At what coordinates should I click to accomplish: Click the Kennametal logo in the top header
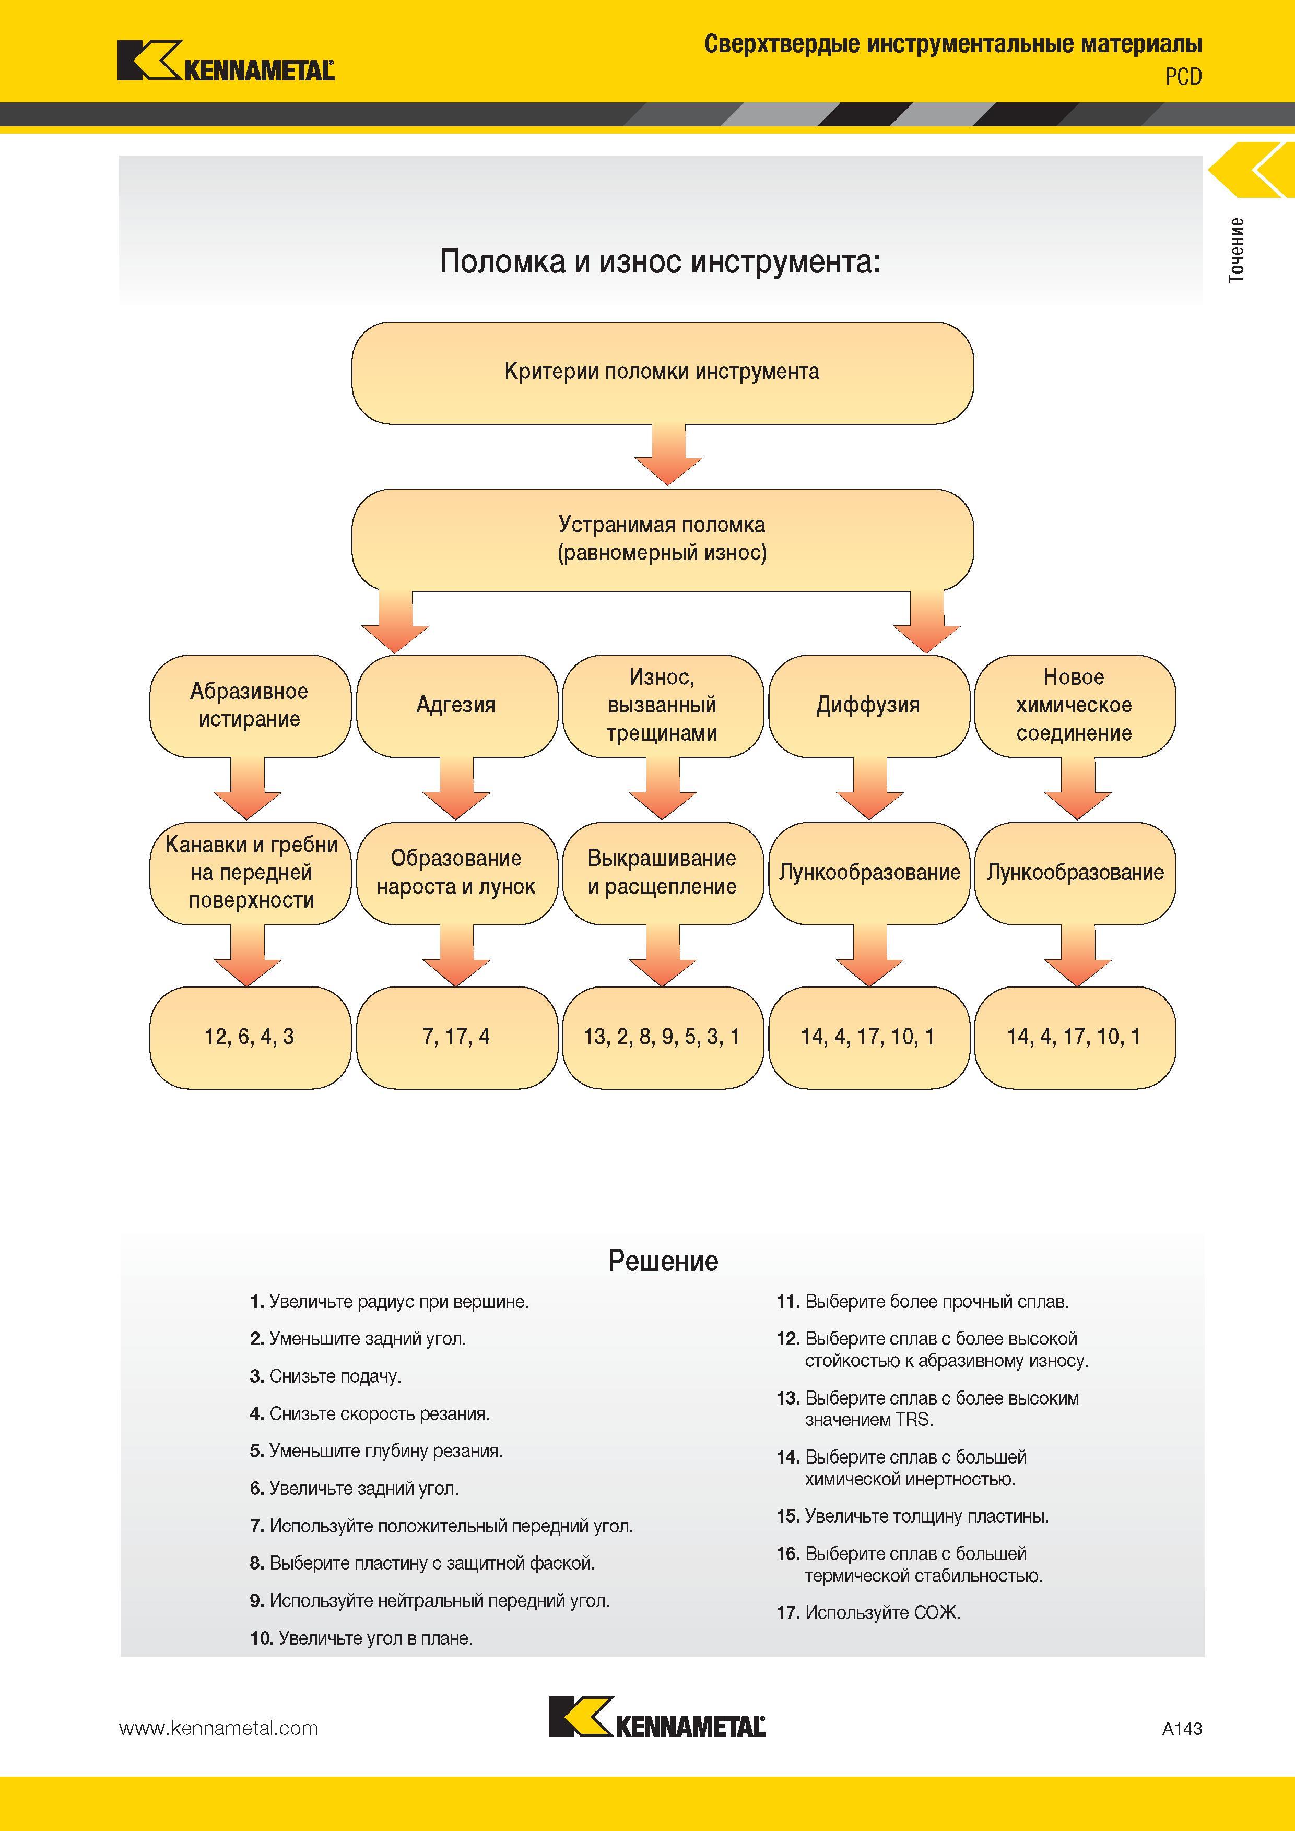tap(226, 62)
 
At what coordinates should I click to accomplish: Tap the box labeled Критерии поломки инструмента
tap(662, 373)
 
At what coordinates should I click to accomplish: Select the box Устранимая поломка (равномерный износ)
tap(662, 540)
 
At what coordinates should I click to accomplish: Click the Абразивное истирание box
tap(250, 706)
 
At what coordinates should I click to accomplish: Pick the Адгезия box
tap(456, 706)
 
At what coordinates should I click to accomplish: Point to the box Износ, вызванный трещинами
tap(662, 706)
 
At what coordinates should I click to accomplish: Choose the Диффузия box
tap(869, 706)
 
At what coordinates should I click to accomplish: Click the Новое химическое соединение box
tap(1075, 706)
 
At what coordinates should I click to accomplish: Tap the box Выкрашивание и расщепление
tap(662, 873)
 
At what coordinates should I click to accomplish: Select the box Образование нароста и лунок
tap(456, 873)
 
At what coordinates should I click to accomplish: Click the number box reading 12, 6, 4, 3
tap(250, 1038)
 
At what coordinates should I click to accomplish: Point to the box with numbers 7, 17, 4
tap(456, 1038)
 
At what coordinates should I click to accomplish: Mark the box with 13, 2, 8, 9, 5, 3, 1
tap(662, 1038)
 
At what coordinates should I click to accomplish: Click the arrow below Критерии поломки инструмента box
tap(668, 455)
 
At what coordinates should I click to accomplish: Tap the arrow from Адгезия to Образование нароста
tap(456, 789)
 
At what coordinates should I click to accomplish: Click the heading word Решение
tap(663, 1261)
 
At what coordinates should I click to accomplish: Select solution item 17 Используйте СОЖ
tap(869, 1612)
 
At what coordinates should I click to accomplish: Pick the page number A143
tap(1182, 1728)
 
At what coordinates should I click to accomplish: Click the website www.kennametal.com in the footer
tap(219, 1728)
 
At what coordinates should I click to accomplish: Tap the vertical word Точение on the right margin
tap(1236, 249)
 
